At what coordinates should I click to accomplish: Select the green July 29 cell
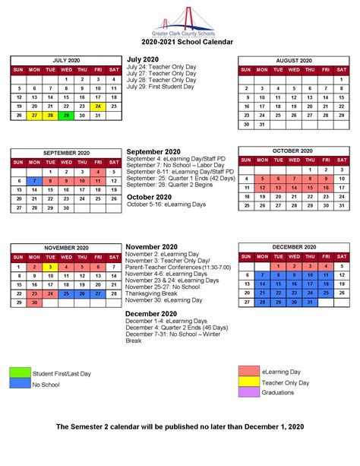(66, 116)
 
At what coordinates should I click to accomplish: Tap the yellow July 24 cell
(98, 106)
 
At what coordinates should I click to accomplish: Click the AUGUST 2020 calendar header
(293, 60)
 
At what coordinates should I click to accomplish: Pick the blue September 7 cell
(34, 181)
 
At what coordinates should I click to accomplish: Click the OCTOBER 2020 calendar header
(293, 151)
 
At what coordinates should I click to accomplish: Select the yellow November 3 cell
(50, 267)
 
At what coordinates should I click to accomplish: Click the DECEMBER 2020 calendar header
(293, 248)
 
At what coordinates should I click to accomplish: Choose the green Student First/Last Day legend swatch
(20, 372)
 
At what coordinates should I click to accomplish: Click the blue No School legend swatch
(20, 384)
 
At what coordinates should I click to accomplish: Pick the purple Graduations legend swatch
(249, 392)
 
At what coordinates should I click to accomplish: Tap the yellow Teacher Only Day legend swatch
(249, 382)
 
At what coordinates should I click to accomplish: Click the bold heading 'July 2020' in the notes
(143, 59)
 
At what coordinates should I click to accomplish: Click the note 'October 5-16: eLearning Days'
(166, 204)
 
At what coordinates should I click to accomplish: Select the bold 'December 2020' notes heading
(151, 313)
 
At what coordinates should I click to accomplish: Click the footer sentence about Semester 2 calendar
(180, 427)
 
